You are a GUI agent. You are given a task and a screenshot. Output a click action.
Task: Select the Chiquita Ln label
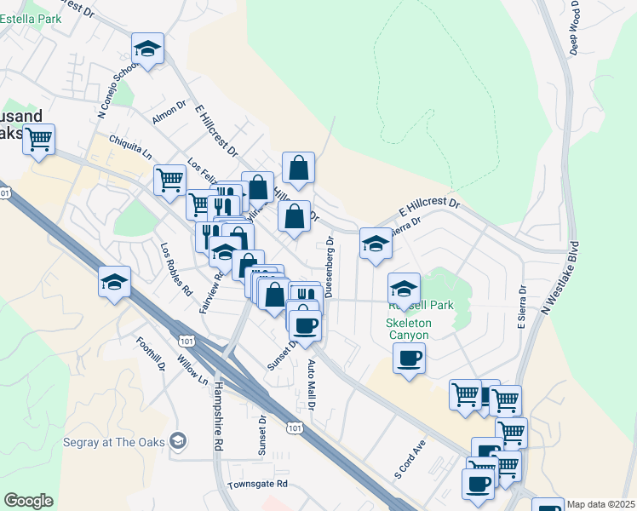[130, 147]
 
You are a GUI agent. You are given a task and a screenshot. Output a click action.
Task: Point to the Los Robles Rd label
[176, 269]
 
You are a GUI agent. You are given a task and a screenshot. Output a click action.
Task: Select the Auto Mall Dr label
[311, 388]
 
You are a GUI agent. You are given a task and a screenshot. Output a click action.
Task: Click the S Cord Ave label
[409, 458]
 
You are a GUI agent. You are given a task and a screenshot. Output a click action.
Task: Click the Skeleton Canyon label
[409, 329]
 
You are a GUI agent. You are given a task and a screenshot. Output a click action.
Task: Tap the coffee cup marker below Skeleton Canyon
[409, 358]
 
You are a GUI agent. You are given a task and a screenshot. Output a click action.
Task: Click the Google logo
[28, 501]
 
